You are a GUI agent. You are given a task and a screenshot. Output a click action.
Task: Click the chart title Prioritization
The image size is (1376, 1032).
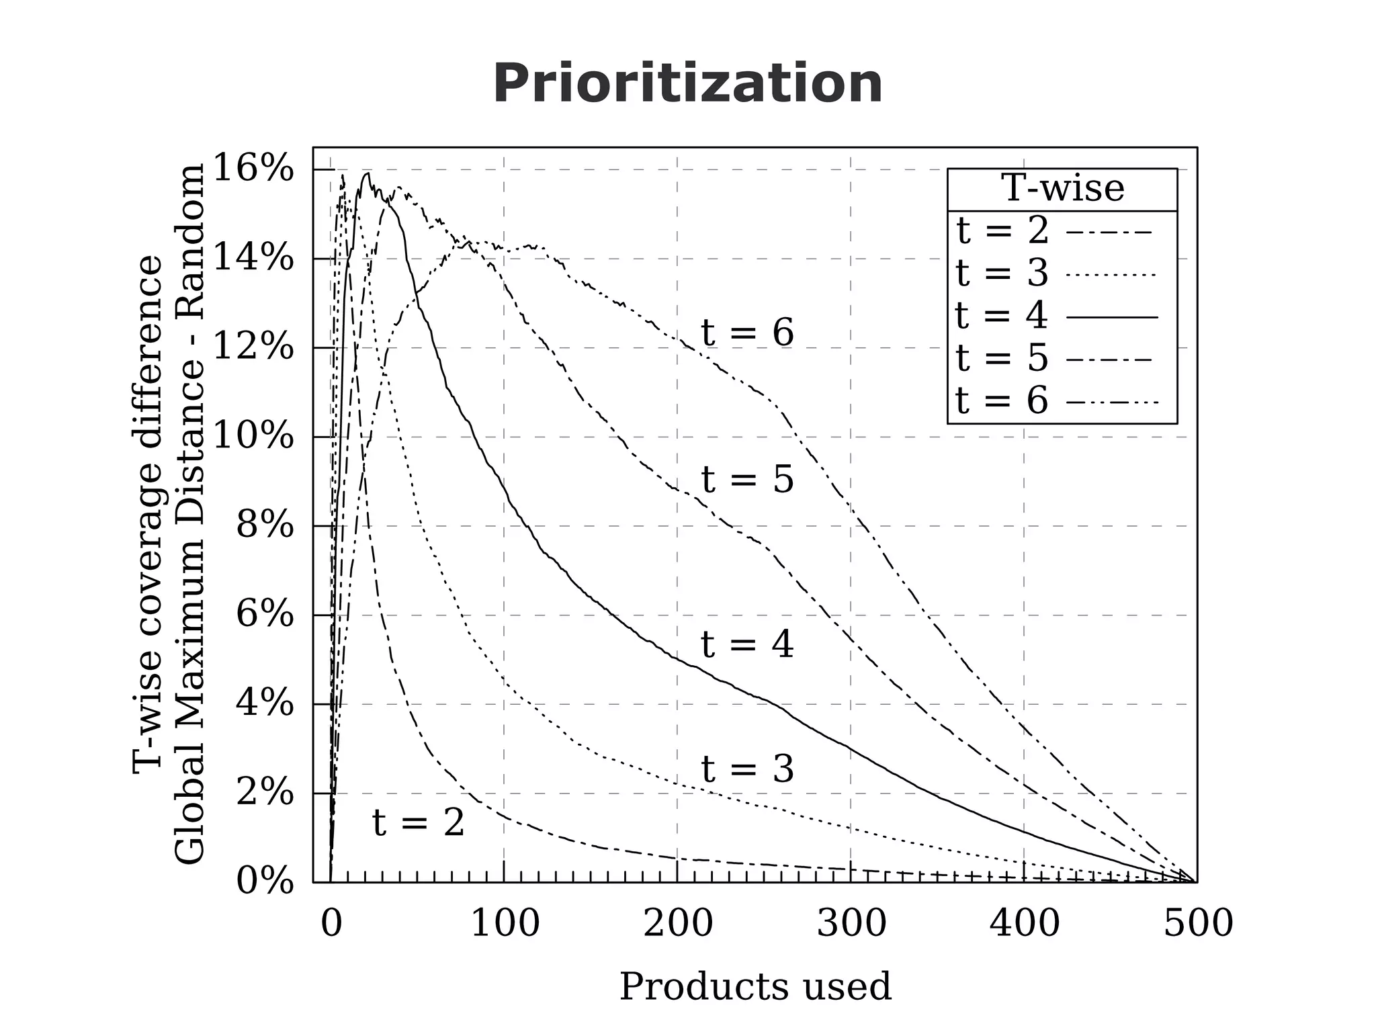pyautogui.click(x=687, y=84)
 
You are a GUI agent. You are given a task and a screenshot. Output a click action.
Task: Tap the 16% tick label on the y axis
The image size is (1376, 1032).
pyautogui.click(x=253, y=168)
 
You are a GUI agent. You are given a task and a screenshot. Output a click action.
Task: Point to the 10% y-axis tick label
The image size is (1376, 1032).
pyautogui.click(x=253, y=437)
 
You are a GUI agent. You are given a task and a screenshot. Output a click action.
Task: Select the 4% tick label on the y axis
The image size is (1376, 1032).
pyautogui.click(x=265, y=703)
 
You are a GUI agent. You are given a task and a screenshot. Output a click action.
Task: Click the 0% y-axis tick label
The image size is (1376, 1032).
pyautogui.click(x=265, y=881)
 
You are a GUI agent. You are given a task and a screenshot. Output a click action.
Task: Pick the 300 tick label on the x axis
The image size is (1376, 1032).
pyautogui.click(x=851, y=923)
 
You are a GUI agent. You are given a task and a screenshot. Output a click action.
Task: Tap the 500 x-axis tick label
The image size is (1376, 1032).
pyautogui.click(x=1198, y=923)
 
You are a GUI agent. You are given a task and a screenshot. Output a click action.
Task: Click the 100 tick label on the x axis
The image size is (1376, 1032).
pyautogui.click(x=505, y=923)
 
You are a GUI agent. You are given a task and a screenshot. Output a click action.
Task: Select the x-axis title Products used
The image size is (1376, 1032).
pyautogui.click(x=755, y=986)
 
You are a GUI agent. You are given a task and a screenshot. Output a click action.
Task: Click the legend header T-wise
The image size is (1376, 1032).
pyautogui.click(x=1062, y=188)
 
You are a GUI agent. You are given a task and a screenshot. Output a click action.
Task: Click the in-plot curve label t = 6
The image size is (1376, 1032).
pyautogui.click(x=747, y=333)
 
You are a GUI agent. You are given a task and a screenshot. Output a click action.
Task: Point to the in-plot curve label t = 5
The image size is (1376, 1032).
pyautogui.click(x=747, y=480)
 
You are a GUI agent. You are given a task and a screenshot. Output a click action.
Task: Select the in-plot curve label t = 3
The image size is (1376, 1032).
pyautogui.click(x=747, y=769)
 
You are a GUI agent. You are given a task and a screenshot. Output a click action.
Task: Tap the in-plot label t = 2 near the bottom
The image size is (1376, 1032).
pyautogui.click(x=418, y=823)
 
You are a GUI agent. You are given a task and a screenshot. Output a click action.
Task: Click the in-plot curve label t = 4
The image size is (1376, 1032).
pyautogui.click(x=747, y=645)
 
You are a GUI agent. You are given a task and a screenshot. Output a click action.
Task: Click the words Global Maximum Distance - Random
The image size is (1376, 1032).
pyautogui.click(x=189, y=514)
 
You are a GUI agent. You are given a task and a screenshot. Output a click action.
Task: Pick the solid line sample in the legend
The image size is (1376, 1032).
pyautogui.click(x=1112, y=316)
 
